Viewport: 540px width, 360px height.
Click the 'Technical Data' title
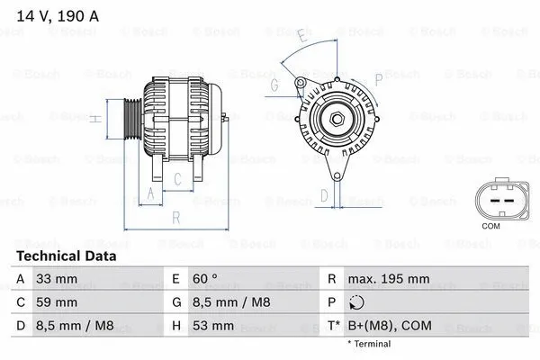(66, 256)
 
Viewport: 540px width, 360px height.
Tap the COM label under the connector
(490, 226)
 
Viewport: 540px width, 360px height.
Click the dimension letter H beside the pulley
(95, 118)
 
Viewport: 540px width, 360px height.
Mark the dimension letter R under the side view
(175, 217)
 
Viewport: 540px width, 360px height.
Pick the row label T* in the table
(335, 325)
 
